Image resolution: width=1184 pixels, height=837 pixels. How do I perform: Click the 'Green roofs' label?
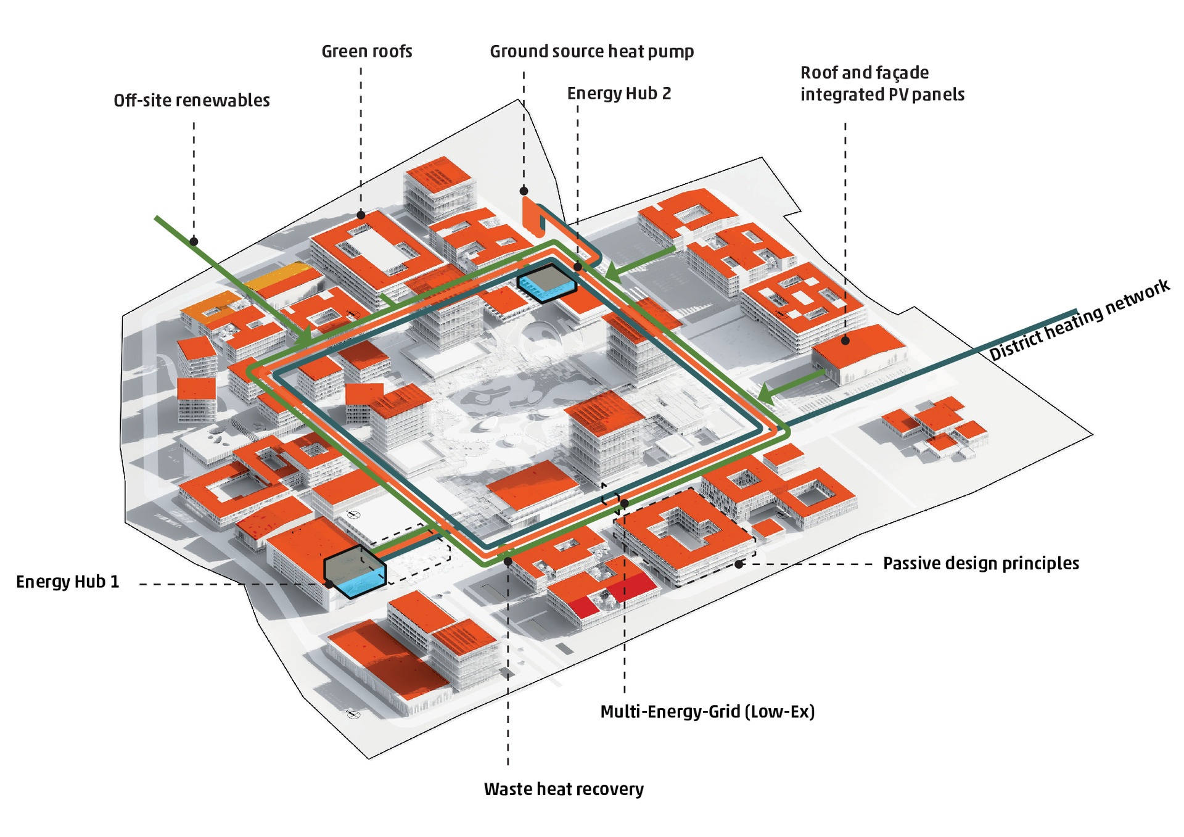point(367,51)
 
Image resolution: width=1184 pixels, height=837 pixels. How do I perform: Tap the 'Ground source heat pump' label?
point(591,51)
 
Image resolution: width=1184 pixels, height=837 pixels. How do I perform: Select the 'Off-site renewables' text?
point(192,101)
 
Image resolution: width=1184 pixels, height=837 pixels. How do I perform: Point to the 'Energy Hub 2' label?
point(619,94)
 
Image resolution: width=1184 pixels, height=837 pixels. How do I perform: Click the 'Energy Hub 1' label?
point(68,582)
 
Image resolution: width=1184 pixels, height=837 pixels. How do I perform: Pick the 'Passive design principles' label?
point(980,563)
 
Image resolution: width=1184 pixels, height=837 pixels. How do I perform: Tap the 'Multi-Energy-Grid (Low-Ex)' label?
point(707,712)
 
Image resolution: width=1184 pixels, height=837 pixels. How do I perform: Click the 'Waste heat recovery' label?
point(564,789)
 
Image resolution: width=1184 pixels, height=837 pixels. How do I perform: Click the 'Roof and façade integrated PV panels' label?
point(882,83)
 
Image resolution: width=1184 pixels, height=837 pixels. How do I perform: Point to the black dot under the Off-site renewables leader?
point(194,242)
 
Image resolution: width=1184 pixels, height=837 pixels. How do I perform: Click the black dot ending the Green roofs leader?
point(361,215)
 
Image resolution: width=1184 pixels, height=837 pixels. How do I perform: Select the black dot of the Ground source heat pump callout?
point(524,191)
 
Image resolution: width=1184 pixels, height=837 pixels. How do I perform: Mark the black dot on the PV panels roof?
point(845,340)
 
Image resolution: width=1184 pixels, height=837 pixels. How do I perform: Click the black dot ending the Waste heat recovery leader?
point(508,561)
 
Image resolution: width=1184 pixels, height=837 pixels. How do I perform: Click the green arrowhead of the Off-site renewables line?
point(304,337)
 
